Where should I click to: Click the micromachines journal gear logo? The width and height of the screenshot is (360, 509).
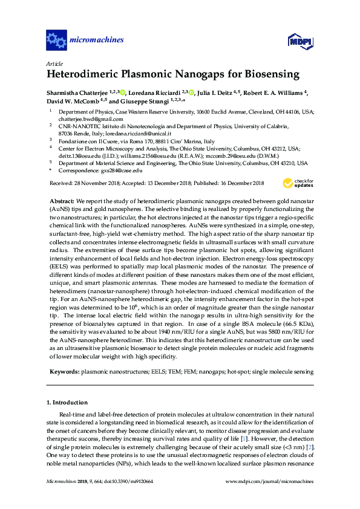(56, 41)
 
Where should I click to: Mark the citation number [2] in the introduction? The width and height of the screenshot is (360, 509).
(310, 446)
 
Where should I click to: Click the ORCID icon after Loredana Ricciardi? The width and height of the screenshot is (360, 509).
(191, 92)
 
